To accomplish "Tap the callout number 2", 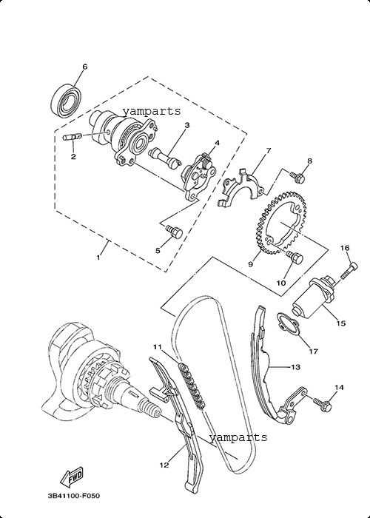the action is coord(73,157).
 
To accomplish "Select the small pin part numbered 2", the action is coord(72,136).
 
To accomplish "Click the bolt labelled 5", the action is coord(174,231).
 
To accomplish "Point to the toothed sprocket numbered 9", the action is coord(280,226).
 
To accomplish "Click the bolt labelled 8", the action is coord(297,176).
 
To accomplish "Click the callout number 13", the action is coord(295,367).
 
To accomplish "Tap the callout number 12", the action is coord(164,465).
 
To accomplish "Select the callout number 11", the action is coord(157,347).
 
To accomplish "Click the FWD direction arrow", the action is coord(72,476).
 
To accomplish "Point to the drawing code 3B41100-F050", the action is coord(74,496).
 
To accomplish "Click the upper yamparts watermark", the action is coord(152,111).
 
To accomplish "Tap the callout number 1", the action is coord(98,258).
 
